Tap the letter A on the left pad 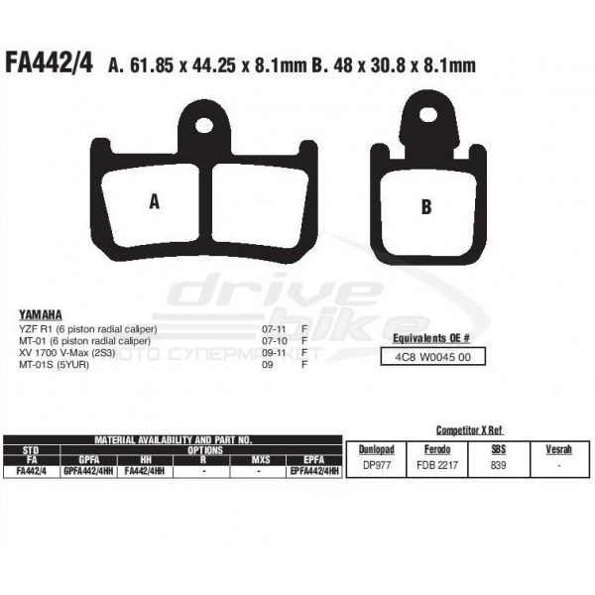pos(154,202)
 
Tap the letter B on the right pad pos(426,206)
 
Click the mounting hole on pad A pos(204,127)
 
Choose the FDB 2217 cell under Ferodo pos(435,464)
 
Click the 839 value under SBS pos(498,464)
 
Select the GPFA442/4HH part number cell pos(87,472)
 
